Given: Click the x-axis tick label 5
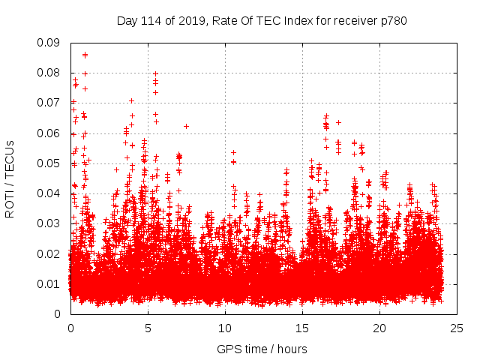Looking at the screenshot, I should (x=148, y=328).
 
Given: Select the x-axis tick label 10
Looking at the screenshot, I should (x=225, y=328).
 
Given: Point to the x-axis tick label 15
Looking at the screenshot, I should (x=302, y=328).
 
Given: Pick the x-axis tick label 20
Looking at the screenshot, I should (x=379, y=328).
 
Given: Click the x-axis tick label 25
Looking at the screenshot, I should (x=457, y=328).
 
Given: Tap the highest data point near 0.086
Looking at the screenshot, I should (x=85, y=54).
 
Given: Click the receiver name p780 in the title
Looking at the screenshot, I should (x=394, y=20).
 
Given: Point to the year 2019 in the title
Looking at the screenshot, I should (x=190, y=20).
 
